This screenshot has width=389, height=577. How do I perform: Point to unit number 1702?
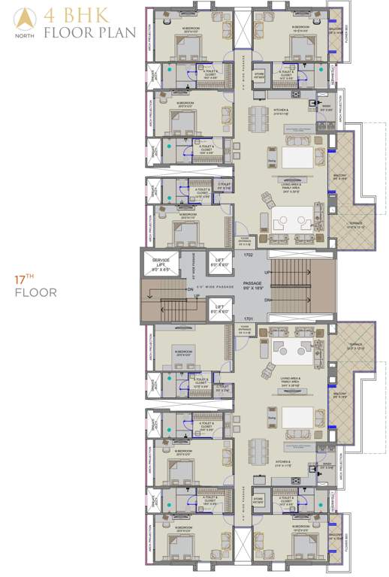249,255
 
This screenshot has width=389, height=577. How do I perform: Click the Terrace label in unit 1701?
355,347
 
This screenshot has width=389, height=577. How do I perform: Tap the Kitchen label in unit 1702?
282,110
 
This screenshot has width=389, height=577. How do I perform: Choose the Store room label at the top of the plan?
260,74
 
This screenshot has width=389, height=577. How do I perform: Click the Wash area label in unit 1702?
327,108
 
